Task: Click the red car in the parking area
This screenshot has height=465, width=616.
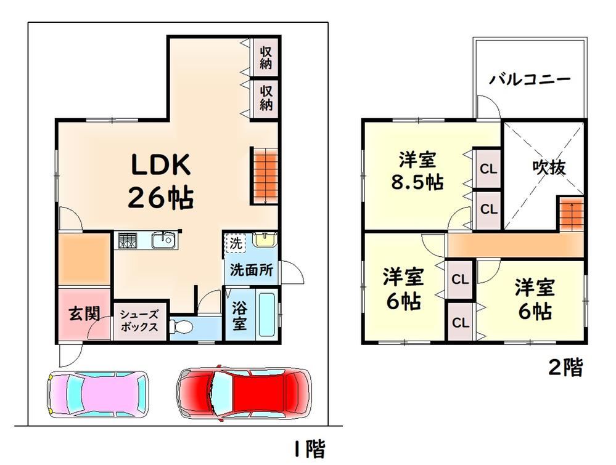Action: click(x=244, y=393)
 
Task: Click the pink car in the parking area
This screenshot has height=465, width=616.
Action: click(x=97, y=394)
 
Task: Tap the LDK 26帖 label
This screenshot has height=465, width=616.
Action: click(x=161, y=180)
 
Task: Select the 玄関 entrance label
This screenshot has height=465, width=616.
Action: click(x=84, y=313)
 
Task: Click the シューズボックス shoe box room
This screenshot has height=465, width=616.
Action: click(x=139, y=320)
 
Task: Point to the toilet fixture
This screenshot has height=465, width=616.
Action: click(x=180, y=326)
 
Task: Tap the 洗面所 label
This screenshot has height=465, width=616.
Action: click(x=252, y=270)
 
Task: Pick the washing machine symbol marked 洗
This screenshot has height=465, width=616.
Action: click(x=236, y=243)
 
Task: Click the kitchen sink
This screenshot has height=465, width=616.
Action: click(x=163, y=240)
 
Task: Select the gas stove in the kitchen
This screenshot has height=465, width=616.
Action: click(x=126, y=240)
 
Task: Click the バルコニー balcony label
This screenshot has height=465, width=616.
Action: click(x=529, y=79)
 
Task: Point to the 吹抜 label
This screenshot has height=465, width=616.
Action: click(x=549, y=168)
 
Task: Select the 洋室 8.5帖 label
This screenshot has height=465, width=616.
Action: click(x=417, y=171)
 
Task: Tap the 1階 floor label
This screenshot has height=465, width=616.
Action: click(x=310, y=449)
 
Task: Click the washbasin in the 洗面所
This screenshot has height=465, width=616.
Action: click(x=265, y=240)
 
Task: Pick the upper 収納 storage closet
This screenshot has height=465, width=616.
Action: click(x=266, y=57)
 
